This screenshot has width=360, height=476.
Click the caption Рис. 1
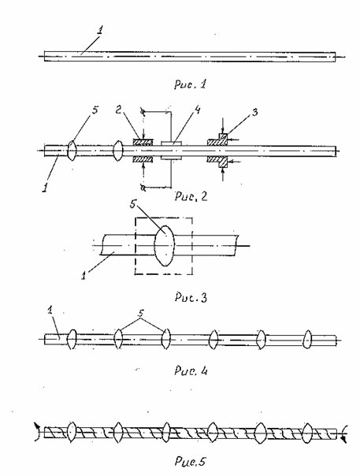(190, 84)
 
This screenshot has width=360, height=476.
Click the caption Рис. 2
(191, 196)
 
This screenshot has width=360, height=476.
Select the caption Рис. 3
(191, 297)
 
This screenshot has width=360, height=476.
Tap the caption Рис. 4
(191, 370)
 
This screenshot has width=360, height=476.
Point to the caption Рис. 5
(191, 462)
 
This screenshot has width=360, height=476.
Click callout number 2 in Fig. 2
(119, 110)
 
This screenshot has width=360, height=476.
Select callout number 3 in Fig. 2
(254, 112)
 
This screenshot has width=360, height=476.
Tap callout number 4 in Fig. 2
(197, 110)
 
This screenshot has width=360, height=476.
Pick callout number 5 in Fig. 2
(95, 110)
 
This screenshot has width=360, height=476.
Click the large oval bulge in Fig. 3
(164, 246)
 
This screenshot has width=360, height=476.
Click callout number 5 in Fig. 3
(133, 204)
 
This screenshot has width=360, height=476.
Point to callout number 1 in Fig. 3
(84, 276)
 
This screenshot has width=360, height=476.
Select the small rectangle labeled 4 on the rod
(171, 151)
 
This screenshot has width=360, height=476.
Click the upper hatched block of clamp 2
(143, 143)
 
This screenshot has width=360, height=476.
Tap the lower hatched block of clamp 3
(219, 161)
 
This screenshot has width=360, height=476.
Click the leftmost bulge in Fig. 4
(72, 339)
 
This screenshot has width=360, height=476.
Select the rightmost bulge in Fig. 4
(308, 340)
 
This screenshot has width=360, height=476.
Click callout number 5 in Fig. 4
(141, 314)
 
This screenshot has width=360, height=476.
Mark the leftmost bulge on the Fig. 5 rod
(72, 432)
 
